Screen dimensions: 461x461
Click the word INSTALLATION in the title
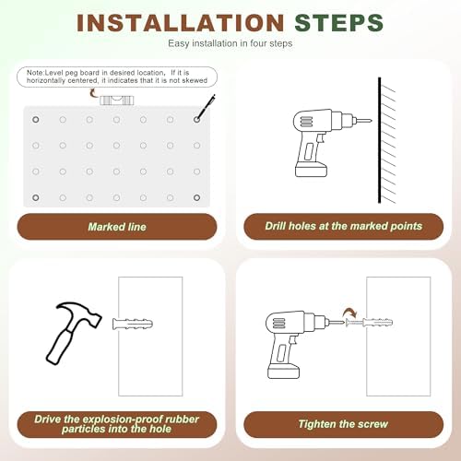pyautogui.click(x=181, y=23)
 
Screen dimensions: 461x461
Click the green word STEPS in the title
pyautogui.click(x=338, y=23)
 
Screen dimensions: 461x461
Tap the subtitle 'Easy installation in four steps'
pyautogui.click(x=230, y=43)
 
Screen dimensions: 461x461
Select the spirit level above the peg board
pyautogui.click(x=117, y=100)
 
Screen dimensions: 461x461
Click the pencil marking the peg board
pyautogui.click(x=206, y=107)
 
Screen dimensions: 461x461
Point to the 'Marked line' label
pyautogui.click(x=117, y=227)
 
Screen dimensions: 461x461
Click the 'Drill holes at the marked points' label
pyautogui.click(x=344, y=226)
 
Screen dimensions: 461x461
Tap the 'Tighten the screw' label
pyautogui.click(x=344, y=424)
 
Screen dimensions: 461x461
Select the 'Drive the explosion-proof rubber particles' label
pyautogui.click(x=117, y=424)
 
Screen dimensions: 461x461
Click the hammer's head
pyautogui.click(x=79, y=313)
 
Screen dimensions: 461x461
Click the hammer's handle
pyautogui.click(x=60, y=347)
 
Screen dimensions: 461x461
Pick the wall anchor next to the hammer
pyautogui.click(x=133, y=324)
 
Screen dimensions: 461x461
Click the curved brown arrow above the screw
pyautogui.click(x=350, y=313)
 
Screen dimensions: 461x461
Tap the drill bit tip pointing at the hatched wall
pyautogui.click(x=371, y=121)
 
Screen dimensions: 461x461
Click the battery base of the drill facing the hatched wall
pyautogui.click(x=311, y=170)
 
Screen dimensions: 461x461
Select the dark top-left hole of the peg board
pyautogui.click(x=36, y=120)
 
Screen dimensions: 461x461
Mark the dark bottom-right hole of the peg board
pyautogui.click(x=197, y=197)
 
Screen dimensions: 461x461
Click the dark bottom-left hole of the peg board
pyautogui.click(x=36, y=197)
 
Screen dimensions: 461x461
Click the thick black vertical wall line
pyautogui.click(x=380, y=140)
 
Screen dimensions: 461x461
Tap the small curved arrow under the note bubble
pyautogui.click(x=93, y=93)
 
